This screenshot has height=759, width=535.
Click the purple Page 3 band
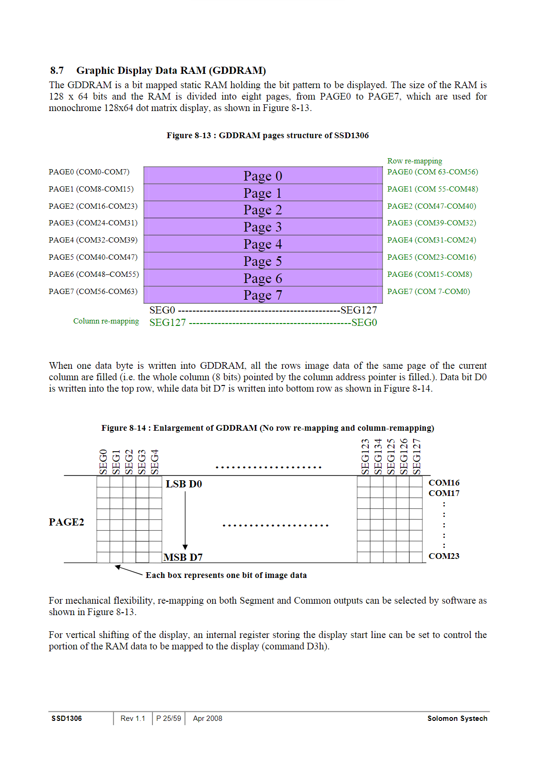[x=263, y=227]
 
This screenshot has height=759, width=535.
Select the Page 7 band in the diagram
[x=263, y=295]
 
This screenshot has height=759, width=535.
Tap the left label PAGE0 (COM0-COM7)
[x=89, y=172]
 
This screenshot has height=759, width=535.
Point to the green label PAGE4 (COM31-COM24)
[x=432, y=240]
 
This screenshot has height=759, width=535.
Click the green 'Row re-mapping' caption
[x=414, y=161]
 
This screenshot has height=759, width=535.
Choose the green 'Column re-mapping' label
[x=106, y=321]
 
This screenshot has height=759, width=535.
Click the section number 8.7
[x=57, y=71]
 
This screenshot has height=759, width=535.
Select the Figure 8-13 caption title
[x=267, y=135]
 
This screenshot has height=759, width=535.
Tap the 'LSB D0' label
[x=184, y=484]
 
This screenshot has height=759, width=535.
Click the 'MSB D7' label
[x=183, y=557]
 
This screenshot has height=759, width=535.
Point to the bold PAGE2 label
[x=66, y=522]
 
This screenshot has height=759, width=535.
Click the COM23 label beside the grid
[x=444, y=556]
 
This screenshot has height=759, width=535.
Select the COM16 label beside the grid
[x=444, y=483]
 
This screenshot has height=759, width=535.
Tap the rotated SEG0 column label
[x=103, y=461]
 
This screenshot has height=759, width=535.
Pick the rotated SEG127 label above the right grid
[x=417, y=456]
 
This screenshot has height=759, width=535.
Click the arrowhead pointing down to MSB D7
[x=185, y=547]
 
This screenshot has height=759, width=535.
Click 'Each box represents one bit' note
[x=226, y=575]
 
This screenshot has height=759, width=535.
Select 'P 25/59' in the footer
[x=169, y=719]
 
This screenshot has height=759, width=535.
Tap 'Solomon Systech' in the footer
[x=457, y=719]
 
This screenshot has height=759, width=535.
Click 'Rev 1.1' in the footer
[x=132, y=719]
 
